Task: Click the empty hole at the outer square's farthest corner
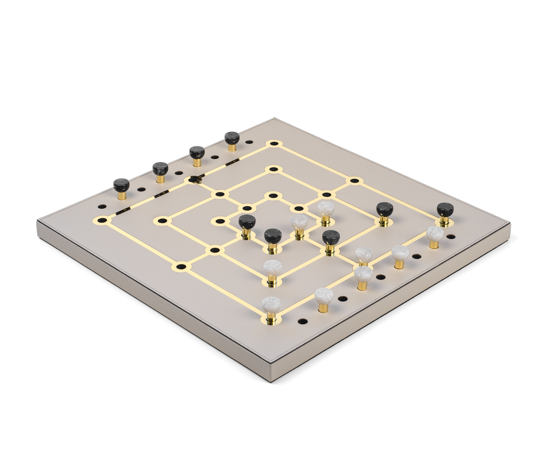(274, 144)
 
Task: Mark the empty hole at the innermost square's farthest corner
(273, 196)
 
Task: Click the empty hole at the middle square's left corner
(163, 220)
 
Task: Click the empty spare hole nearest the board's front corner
(303, 321)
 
